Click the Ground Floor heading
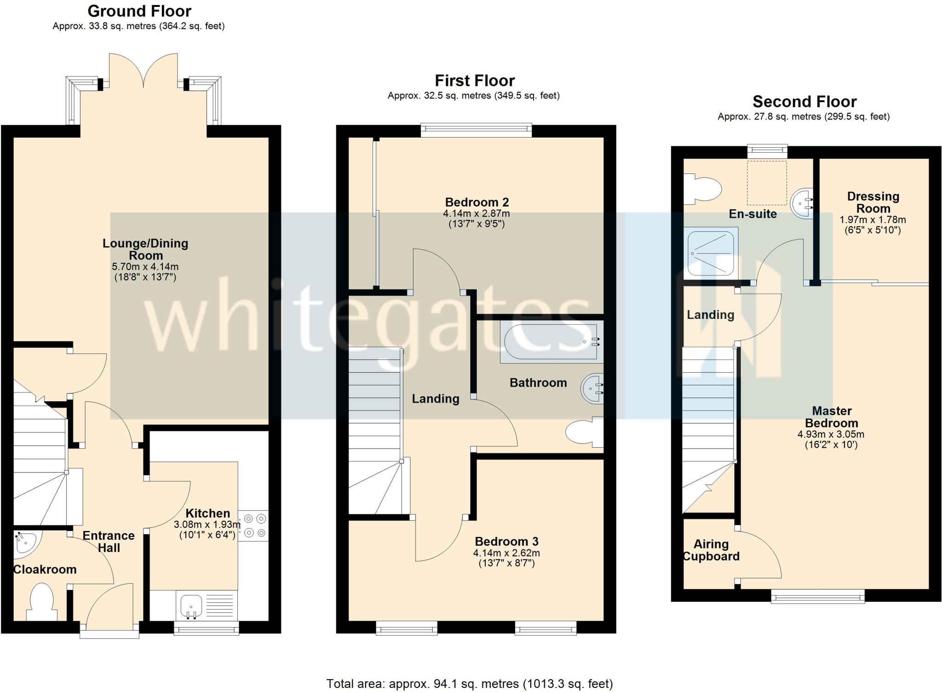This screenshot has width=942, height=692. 139,11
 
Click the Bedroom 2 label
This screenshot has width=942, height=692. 477,202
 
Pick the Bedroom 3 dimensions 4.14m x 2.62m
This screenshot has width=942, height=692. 506,553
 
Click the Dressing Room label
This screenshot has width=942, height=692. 873,202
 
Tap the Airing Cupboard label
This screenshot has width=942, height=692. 711,550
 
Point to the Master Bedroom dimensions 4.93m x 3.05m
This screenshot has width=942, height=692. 831,434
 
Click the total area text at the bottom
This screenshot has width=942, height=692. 470,684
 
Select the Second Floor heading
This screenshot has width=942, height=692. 804,101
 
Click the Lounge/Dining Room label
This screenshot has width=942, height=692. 145,249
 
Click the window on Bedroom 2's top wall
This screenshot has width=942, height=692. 476,130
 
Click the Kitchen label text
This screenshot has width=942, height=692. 207,513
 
